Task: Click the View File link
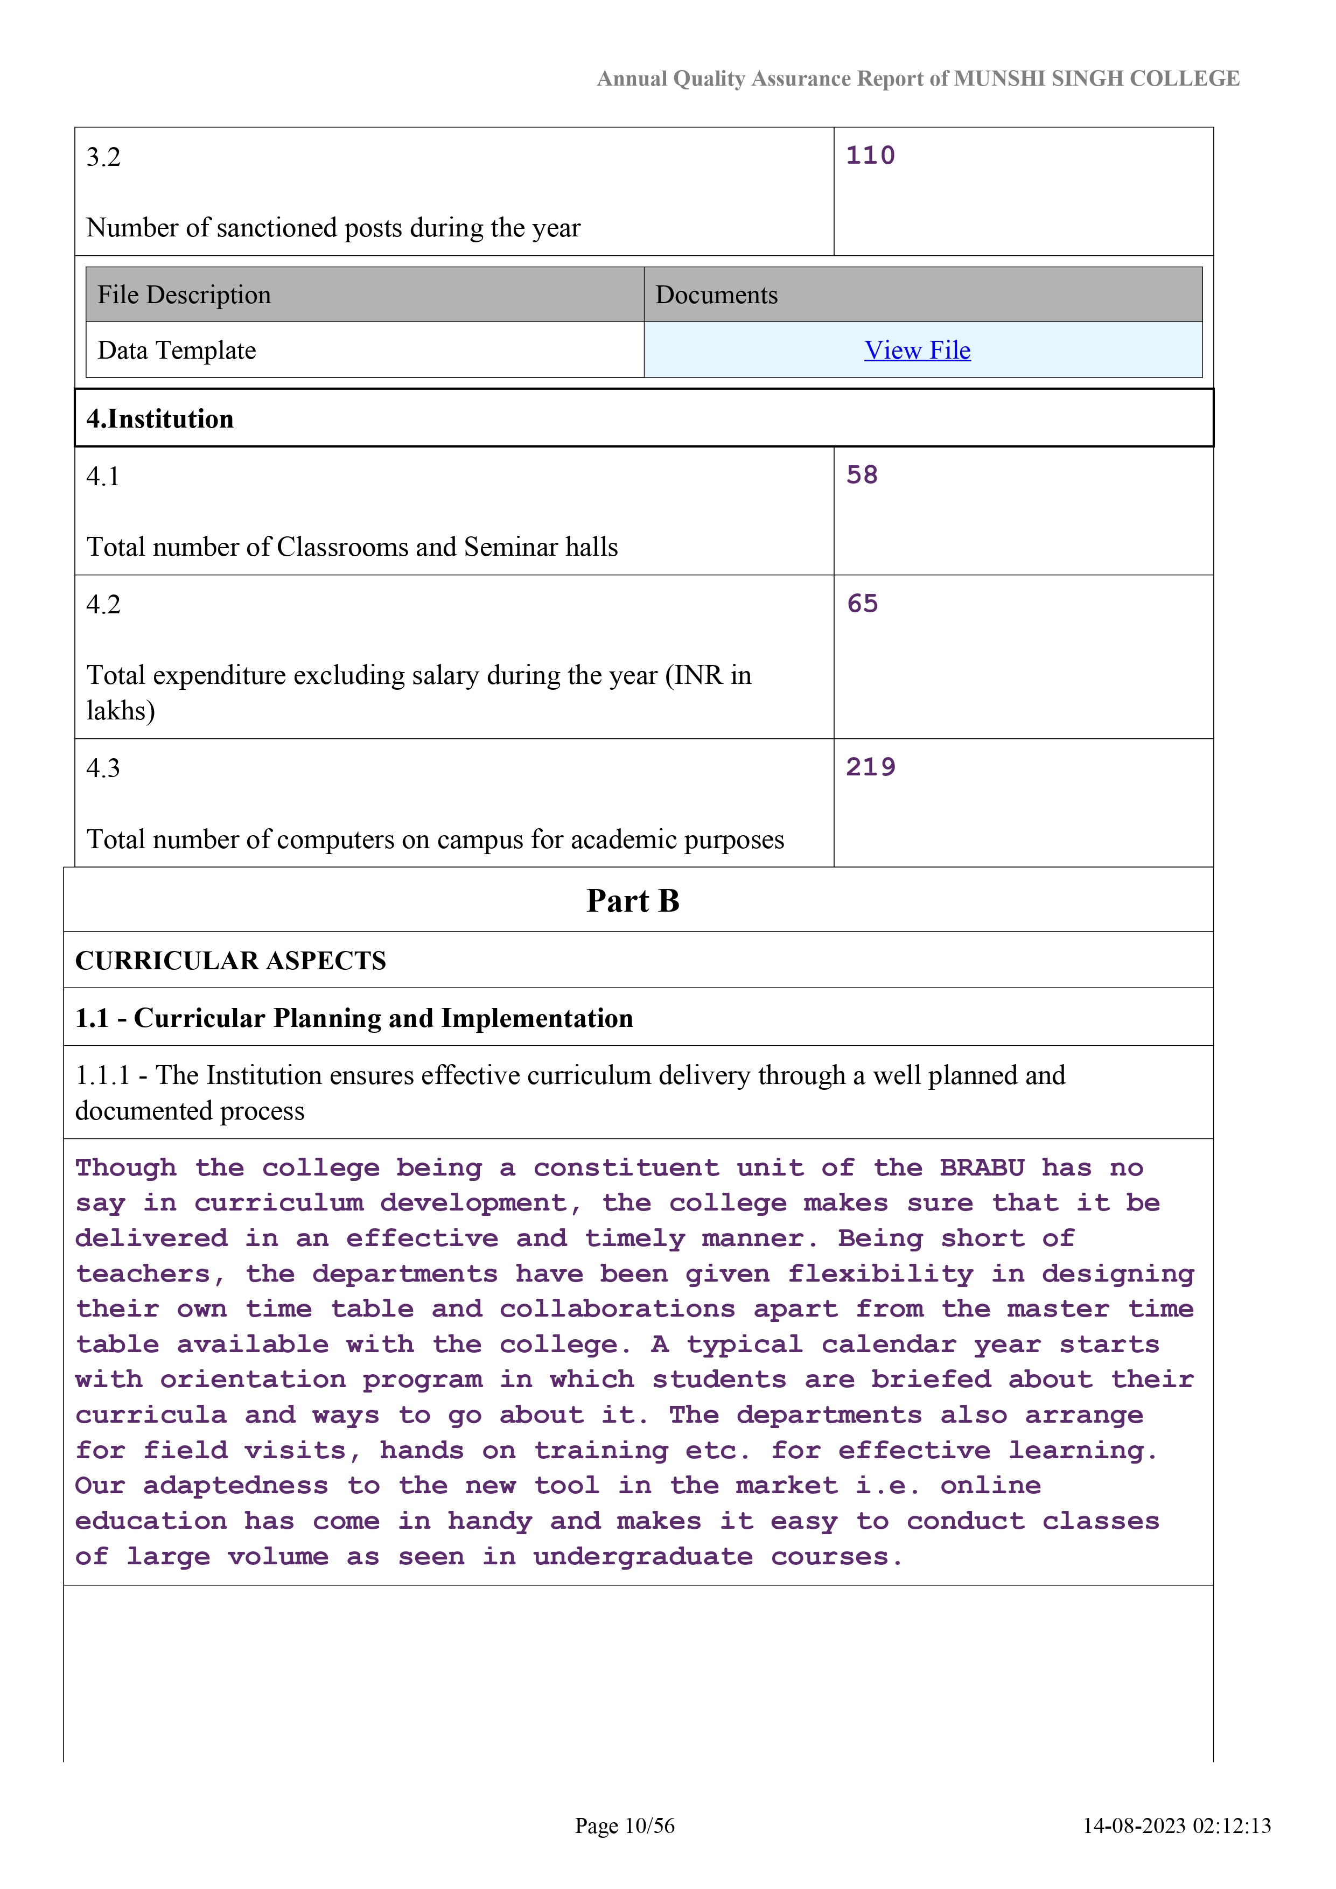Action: pos(917,351)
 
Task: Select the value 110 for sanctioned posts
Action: pos(870,156)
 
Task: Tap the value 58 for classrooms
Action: pos(862,475)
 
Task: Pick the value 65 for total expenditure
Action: pos(862,604)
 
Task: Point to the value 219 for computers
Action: pos(870,767)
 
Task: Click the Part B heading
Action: pos(633,901)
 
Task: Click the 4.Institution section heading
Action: pos(160,419)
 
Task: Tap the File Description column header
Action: pos(184,295)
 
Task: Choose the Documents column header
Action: pos(716,295)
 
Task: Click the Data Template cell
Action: pos(177,351)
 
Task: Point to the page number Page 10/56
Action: pos(625,1825)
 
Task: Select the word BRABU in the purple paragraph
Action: pos(982,1169)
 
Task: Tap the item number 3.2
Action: pos(103,157)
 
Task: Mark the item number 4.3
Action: pos(103,768)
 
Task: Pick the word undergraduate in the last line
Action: pos(642,1557)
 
